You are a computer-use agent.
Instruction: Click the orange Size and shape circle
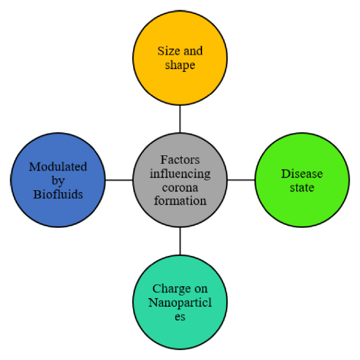180,58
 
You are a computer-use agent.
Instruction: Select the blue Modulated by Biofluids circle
58,180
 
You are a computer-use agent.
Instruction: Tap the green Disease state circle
302,180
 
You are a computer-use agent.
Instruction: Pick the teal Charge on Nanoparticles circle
180,302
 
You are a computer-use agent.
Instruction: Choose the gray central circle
180,180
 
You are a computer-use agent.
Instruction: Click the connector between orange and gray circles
180,119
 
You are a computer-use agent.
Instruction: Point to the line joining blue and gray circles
119,180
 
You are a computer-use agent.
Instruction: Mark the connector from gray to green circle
241,180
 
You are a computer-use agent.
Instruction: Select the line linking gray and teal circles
180,241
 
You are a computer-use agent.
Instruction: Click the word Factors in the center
180,160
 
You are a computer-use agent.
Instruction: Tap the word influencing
180,174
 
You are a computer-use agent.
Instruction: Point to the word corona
180,188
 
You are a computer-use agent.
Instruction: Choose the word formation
180,201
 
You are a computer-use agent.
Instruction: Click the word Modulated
58,167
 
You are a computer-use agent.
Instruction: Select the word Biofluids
58,194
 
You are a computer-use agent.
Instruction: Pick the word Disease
302,174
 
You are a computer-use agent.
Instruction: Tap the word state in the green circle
302,188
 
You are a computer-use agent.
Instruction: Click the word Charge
171,290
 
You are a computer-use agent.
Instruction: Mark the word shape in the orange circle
180,65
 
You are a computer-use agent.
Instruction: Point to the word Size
168,51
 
